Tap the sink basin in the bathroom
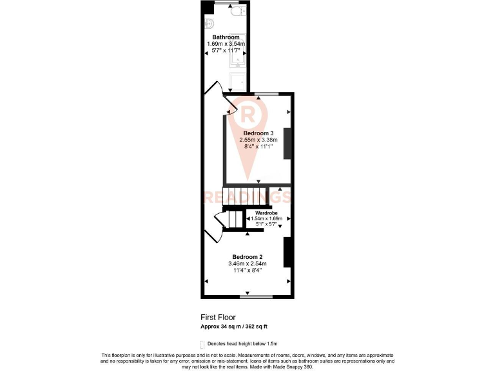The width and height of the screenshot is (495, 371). coord(209,25)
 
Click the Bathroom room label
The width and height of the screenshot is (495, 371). coord(226,37)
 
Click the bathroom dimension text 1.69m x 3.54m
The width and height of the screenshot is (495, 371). coord(226,44)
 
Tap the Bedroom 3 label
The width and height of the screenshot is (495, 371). coord(258,133)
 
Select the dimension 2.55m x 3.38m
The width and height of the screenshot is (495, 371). coord(258,140)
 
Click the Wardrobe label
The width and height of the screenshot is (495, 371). coord(266,213)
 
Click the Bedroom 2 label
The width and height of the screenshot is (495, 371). coord(247,256)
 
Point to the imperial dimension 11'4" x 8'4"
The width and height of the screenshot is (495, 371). coord(247,270)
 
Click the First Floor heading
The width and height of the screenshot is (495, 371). coord(218,318)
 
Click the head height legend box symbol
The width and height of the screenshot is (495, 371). coord(203,344)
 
